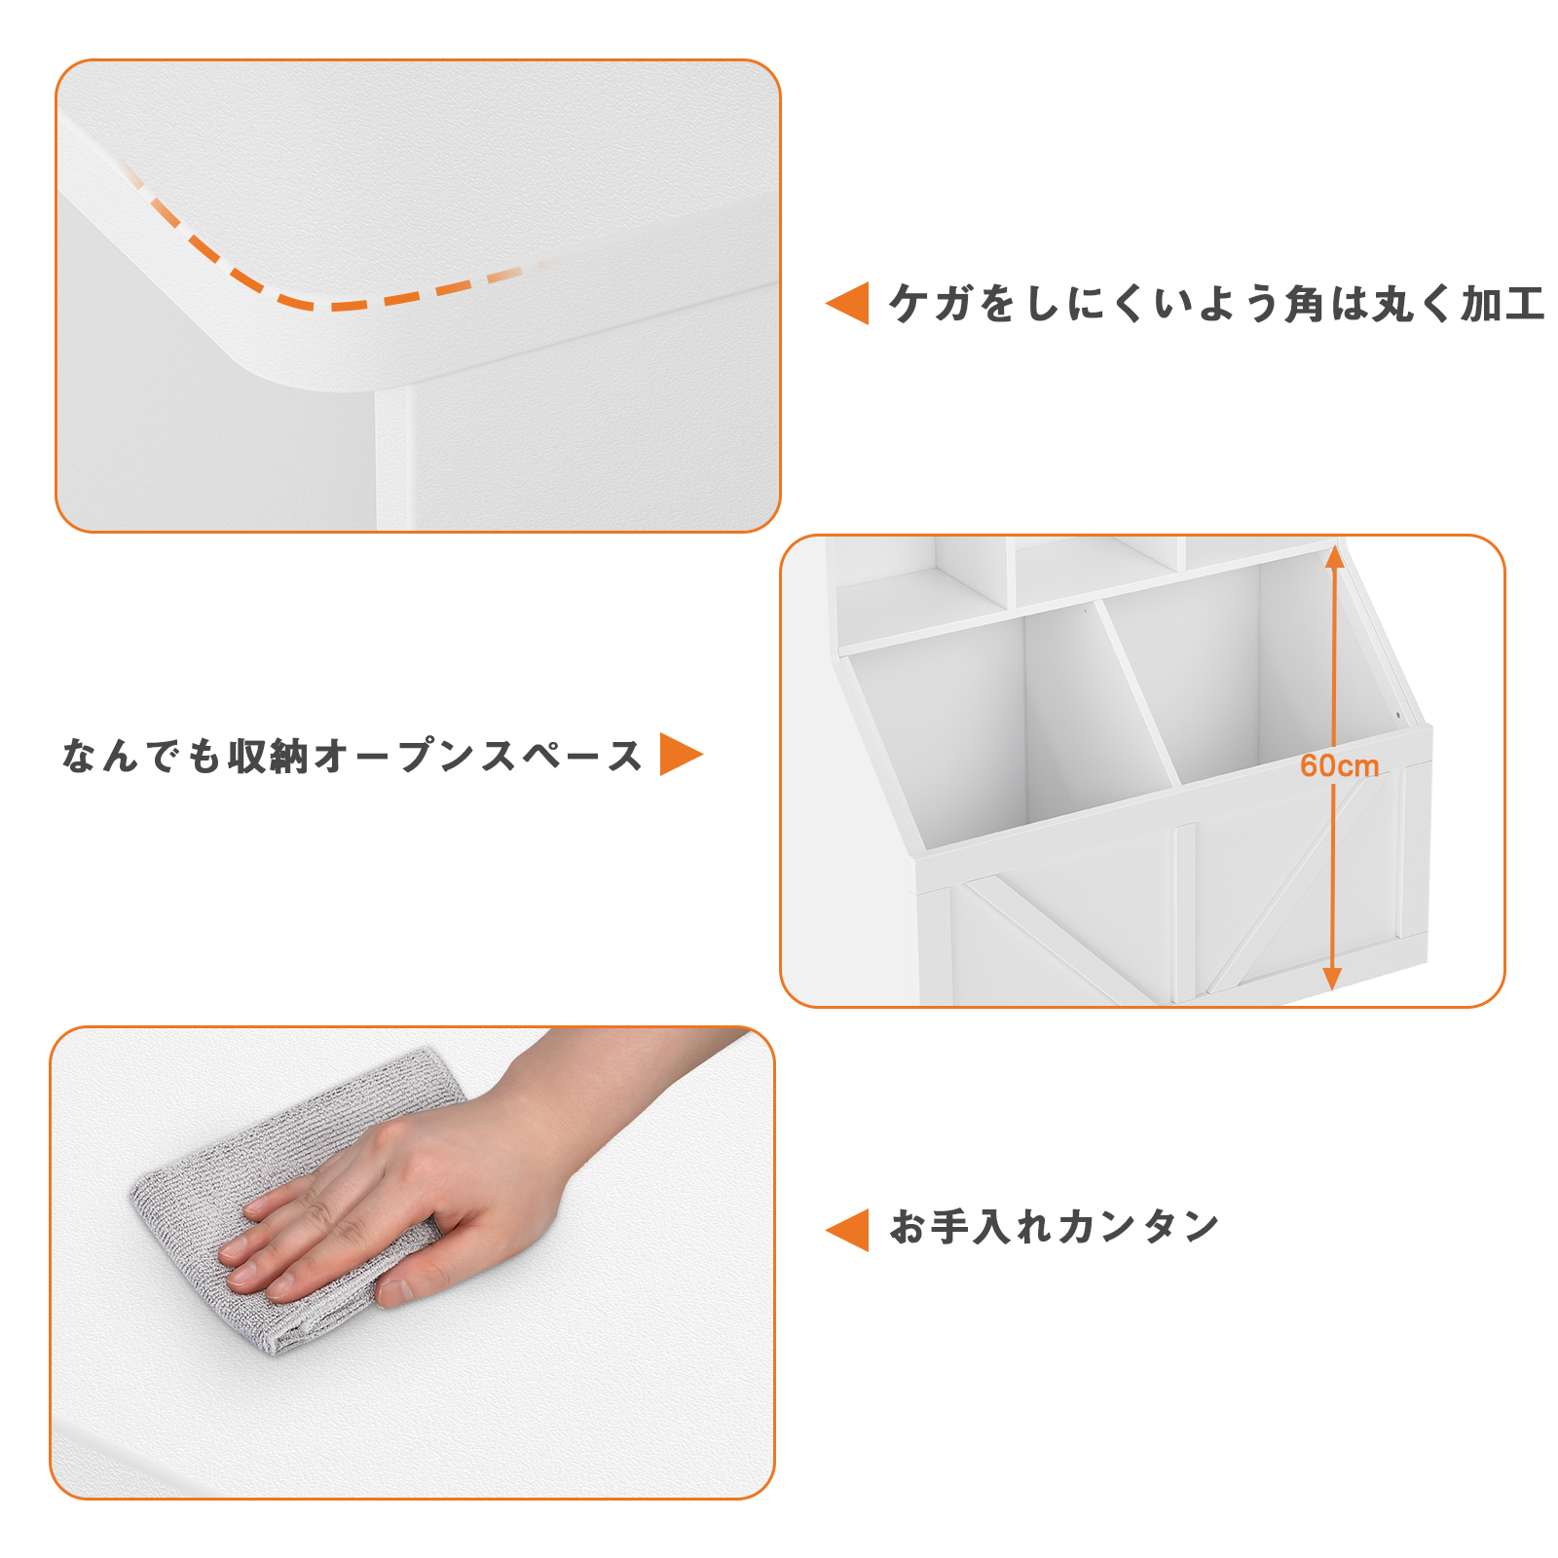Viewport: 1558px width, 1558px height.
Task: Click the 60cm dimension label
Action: tap(1339, 766)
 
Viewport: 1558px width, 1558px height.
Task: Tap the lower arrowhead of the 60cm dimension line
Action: tap(1333, 980)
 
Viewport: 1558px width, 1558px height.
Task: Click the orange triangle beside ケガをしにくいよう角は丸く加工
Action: tap(847, 304)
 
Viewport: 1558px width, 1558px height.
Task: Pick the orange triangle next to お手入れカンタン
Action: tap(847, 1230)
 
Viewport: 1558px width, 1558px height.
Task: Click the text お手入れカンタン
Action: tap(1055, 1227)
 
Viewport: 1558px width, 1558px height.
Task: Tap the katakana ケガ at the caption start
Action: tap(930, 304)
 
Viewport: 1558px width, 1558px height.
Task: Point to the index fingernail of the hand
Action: tap(234, 1250)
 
